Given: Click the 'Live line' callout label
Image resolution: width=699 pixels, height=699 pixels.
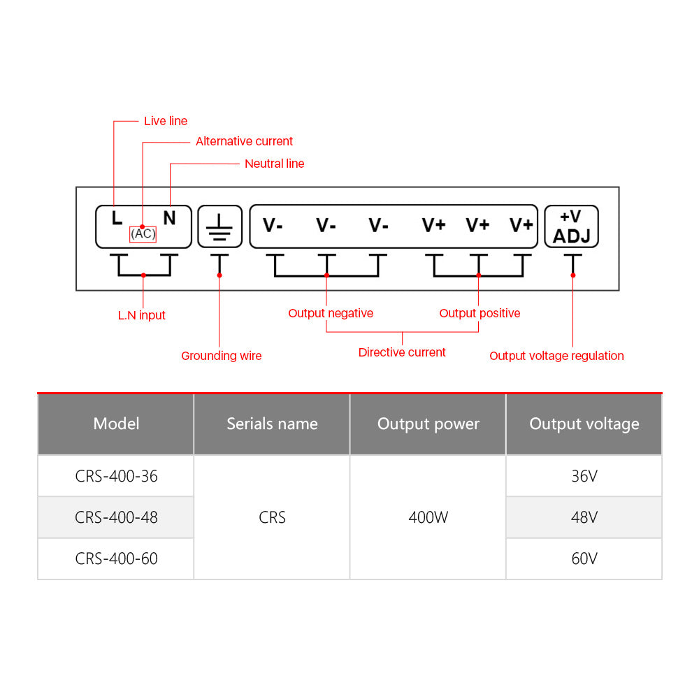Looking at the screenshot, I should pos(166,121).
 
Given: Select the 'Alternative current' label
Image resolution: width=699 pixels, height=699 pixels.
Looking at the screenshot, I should pos(244,141).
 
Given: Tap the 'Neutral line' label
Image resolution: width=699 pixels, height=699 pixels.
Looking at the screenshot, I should pos(274,164).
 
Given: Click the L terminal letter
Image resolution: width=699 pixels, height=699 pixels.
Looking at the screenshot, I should pos(117,217).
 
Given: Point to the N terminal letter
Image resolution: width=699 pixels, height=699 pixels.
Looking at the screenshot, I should pos(169,217).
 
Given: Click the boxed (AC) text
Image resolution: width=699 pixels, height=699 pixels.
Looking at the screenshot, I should pos(143,233).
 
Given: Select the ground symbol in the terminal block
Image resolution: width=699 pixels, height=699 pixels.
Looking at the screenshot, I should pos(219,226).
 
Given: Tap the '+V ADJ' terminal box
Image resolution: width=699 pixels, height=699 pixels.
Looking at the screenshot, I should pos(572,226).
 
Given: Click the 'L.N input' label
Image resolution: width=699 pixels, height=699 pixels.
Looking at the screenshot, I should pos(142,315).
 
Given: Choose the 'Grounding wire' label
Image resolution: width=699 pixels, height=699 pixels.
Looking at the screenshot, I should pos(221,356).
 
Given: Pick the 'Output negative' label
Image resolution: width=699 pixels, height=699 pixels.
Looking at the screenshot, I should pos(331,313).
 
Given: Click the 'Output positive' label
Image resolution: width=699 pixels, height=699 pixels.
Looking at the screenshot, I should pos(480,313).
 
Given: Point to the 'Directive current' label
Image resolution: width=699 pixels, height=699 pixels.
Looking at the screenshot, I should pos(402,352).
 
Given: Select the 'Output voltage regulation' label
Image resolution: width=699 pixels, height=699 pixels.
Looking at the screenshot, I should pos(556,356).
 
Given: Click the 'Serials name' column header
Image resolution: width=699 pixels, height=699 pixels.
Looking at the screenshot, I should pos(272,424).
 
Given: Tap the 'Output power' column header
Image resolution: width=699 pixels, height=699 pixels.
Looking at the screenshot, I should pos(428,424).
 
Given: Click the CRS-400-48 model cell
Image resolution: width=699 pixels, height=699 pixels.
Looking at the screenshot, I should pos(116,517).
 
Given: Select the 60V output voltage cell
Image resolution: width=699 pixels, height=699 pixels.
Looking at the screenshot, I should pos(584,559).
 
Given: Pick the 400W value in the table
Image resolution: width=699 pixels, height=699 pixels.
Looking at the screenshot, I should pos(428,517).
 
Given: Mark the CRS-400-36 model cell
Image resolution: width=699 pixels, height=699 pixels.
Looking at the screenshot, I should pos(116,476).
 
